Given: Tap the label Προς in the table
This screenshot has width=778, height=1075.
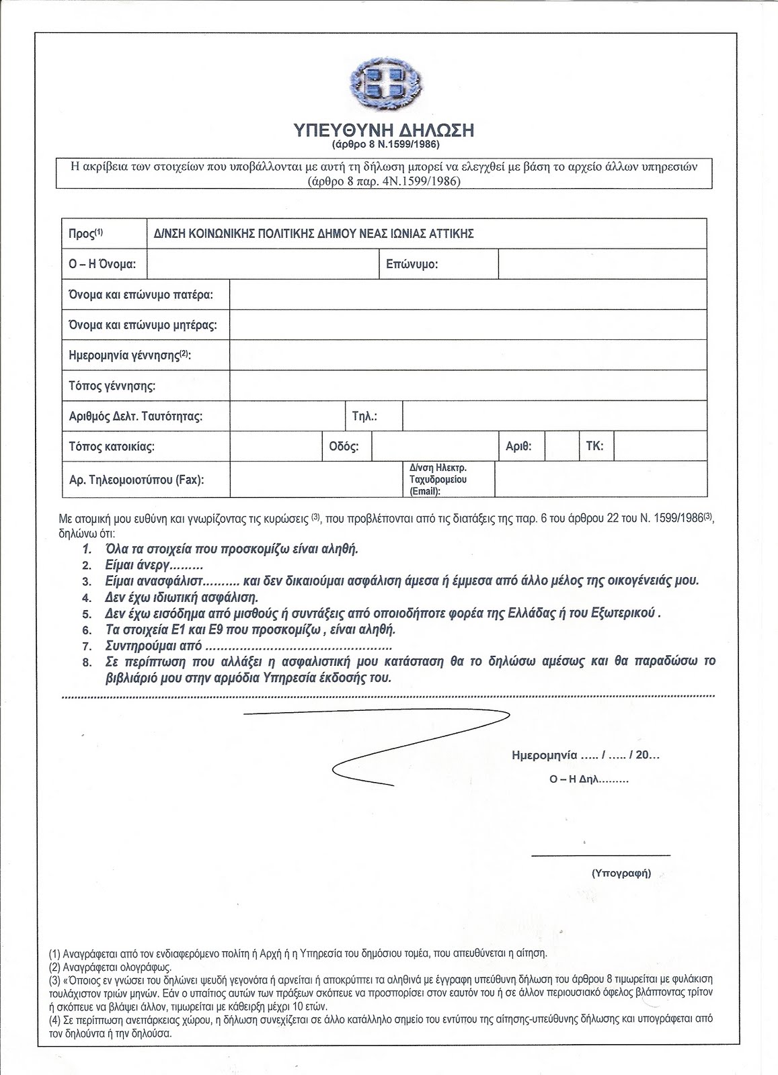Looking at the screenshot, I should pos(85,233).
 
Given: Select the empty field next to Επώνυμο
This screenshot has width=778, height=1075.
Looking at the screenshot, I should pos(602,264).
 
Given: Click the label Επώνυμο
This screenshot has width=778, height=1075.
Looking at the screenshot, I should pos(412,264).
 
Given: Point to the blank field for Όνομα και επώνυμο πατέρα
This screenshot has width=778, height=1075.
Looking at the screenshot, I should pos(467,294).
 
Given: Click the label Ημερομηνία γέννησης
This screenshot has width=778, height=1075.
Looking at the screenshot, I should pos(129,355).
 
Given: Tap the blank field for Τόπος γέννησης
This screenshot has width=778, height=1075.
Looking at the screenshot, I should pos(467,386).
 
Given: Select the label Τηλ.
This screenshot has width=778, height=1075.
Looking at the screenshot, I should pos(364,416).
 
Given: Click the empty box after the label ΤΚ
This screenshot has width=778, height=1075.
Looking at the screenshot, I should pos(660,445).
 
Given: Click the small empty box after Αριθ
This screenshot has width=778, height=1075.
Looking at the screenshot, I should pos(561,445).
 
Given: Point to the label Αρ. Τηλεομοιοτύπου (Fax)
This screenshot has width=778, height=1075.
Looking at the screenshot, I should pos(137,480).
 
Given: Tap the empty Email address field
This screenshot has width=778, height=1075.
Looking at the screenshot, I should pos(600,478).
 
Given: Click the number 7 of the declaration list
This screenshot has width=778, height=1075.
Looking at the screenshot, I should pos(86,646).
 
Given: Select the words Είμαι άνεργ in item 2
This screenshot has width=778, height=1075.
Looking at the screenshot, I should pos(129,564).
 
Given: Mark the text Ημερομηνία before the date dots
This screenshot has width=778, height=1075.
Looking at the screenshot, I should pos(545,755).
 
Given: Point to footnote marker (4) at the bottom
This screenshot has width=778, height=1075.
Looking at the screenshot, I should pos(55,1018).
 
